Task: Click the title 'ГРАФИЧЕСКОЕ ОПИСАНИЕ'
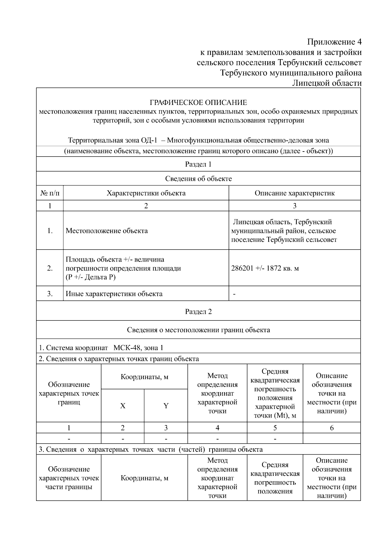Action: (x=198, y=103)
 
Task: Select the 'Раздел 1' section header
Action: (x=198, y=164)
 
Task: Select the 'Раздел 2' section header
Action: (x=198, y=312)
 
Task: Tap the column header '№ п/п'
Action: (x=50, y=193)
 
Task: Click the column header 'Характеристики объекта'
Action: (x=146, y=193)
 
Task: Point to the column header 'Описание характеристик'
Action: (x=294, y=193)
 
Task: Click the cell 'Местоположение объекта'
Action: (x=107, y=231)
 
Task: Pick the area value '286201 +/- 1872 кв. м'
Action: (x=265, y=269)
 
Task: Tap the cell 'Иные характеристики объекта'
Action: (x=114, y=294)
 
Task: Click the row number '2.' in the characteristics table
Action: (x=50, y=269)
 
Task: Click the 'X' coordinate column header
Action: (x=123, y=406)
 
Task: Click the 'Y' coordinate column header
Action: (x=166, y=406)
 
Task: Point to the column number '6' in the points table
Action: (x=332, y=428)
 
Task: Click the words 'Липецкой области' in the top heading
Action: (x=326, y=83)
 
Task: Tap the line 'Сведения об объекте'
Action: (x=198, y=179)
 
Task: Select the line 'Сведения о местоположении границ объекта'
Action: (x=198, y=330)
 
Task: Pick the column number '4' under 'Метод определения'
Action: (x=217, y=428)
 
